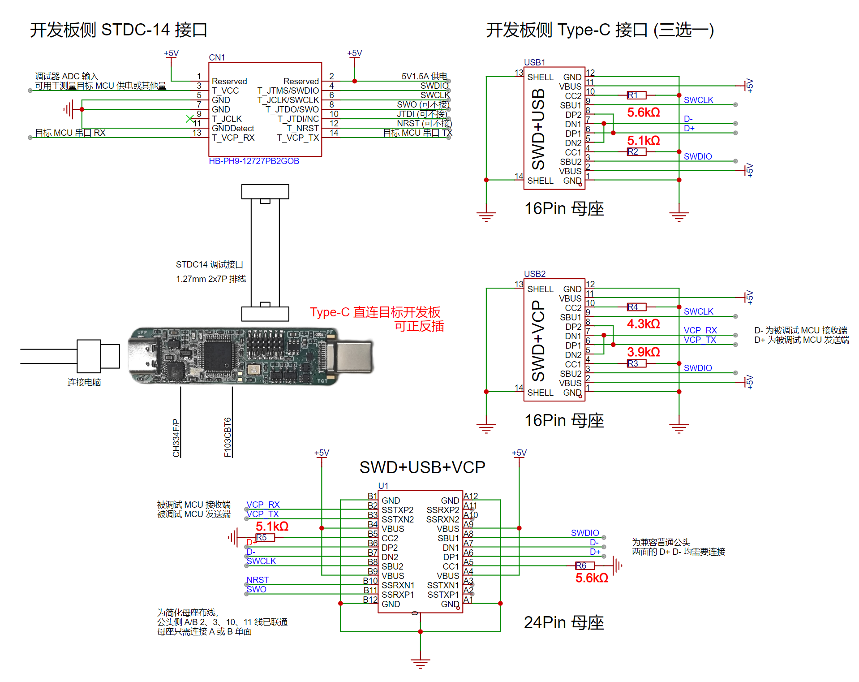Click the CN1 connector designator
(x=217, y=57)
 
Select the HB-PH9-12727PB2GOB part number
(x=254, y=161)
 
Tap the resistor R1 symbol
(x=636, y=95)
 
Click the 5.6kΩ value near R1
(x=644, y=112)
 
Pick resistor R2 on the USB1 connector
(x=636, y=151)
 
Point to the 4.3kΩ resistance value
(x=644, y=324)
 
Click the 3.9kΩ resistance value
(x=644, y=352)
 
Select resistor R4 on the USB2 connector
(x=636, y=307)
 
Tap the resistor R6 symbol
(x=585, y=565)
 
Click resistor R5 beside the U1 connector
(x=265, y=537)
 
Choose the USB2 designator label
(x=535, y=274)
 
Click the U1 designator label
(x=383, y=486)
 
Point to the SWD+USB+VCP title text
(x=422, y=467)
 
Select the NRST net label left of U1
(x=258, y=580)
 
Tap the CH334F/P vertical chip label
(x=176, y=438)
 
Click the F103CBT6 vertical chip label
(x=228, y=437)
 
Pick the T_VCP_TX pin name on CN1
(x=298, y=138)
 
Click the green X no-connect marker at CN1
(x=190, y=118)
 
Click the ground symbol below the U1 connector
(x=420, y=663)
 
